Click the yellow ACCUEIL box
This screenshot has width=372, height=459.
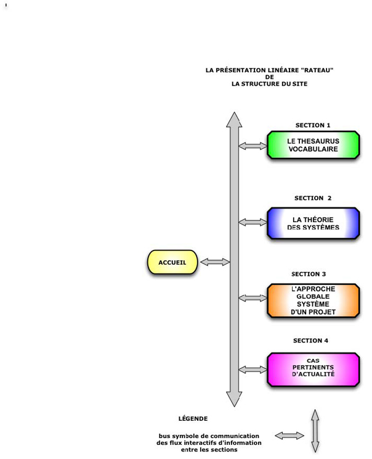[172, 262]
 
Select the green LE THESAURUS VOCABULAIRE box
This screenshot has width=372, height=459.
[313, 145]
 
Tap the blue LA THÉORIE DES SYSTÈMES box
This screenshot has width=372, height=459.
[313, 223]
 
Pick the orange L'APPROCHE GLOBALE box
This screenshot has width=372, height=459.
[313, 300]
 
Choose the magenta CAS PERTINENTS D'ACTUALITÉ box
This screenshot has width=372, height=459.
[313, 369]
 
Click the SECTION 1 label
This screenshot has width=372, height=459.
[313, 125]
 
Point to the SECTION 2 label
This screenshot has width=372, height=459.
[313, 198]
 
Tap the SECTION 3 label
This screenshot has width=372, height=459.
[313, 274]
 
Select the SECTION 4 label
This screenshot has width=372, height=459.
[310, 341]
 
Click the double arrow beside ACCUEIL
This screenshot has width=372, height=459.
[214, 262]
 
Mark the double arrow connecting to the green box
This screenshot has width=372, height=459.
[252, 146]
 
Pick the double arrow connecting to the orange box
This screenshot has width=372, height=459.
[252, 298]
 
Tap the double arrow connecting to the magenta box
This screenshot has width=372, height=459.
[252, 370]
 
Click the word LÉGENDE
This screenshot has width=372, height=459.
[193, 418]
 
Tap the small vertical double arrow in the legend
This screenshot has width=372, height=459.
[315, 431]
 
